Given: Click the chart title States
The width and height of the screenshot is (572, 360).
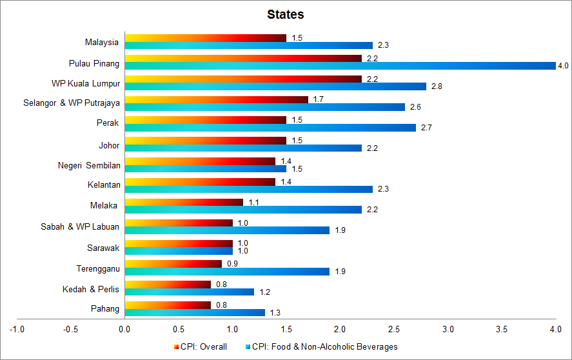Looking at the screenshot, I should click(x=286, y=14).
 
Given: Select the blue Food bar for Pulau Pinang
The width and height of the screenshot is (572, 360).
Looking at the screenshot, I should click(x=340, y=66).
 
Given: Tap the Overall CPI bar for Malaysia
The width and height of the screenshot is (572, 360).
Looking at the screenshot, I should click(x=205, y=38).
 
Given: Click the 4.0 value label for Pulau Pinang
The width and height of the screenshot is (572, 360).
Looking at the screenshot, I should click(x=563, y=66).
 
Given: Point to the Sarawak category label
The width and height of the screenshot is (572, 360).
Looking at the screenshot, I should click(x=103, y=247).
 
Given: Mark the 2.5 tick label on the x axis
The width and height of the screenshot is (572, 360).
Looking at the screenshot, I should click(x=394, y=329).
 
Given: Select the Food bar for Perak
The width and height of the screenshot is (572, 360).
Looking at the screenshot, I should click(x=270, y=128).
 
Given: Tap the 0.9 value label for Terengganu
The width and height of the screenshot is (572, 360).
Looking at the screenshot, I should click(x=232, y=264).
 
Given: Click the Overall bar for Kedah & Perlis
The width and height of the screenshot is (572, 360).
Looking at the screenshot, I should click(x=168, y=285).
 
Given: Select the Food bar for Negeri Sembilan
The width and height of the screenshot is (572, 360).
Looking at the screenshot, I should click(x=205, y=168).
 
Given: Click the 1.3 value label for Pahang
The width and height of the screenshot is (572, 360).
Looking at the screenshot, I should click(x=275, y=313).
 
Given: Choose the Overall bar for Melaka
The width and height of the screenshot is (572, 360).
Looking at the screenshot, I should click(x=184, y=202).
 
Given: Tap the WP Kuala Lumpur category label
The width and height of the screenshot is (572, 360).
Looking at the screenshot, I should click(x=86, y=83).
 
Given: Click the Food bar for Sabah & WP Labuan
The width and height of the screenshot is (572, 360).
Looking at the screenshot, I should click(x=227, y=230).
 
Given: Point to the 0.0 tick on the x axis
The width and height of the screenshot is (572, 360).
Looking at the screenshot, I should click(x=124, y=329).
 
